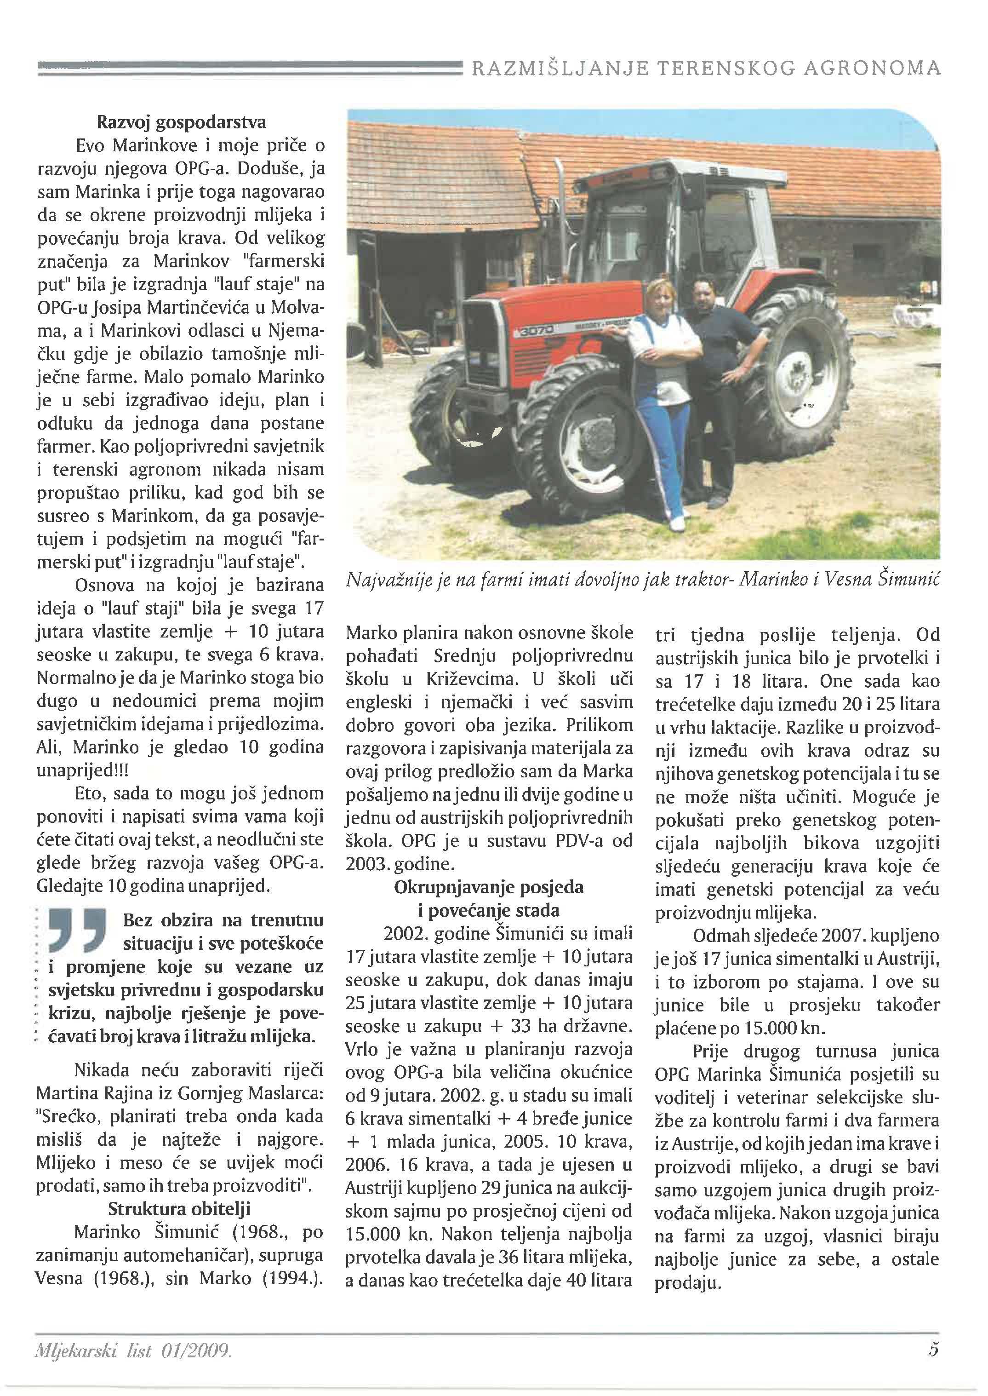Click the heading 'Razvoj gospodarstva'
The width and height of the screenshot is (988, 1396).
click(x=181, y=122)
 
